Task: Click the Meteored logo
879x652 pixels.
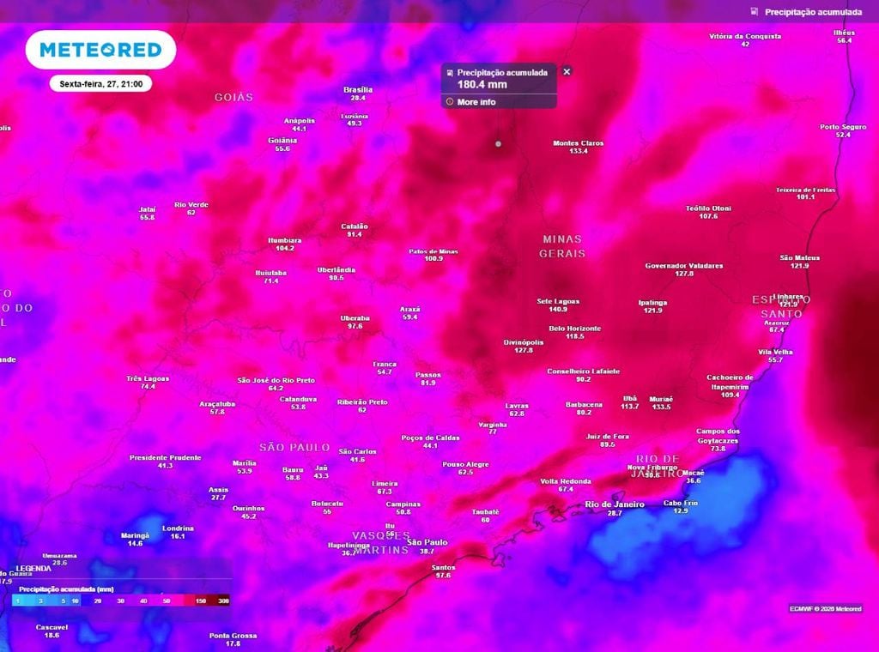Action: tap(100, 51)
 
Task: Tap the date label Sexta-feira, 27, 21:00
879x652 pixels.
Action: tap(100, 84)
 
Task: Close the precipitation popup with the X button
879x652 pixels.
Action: tap(567, 72)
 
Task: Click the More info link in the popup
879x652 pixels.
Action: tap(476, 102)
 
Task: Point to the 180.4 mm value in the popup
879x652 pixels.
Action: tap(482, 84)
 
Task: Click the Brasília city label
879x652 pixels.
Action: tap(357, 89)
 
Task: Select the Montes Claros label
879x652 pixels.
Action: tap(578, 143)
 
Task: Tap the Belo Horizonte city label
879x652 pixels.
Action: tap(574, 329)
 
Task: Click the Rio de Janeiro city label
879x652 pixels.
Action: tap(614, 504)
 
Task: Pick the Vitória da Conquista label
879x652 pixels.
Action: tap(745, 36)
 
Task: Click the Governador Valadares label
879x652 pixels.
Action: tap(684, 266)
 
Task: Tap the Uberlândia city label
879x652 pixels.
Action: tap(336, 269)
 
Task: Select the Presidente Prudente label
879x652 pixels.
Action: tap(165, 457)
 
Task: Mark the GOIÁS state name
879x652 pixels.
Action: tap(234, 98)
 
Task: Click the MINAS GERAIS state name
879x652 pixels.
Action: tap(562, 246)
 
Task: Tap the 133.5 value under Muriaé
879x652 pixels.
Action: tap(661, 407)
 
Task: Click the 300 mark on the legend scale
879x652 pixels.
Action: tap(223, 601)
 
